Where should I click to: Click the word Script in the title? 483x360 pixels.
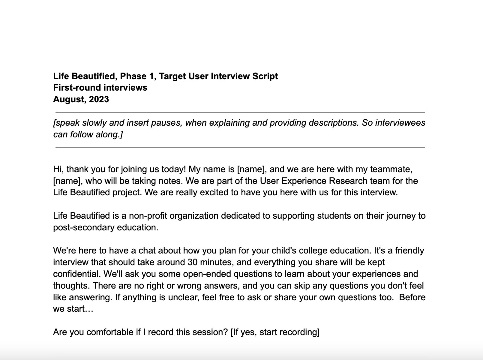click(x=265, y=76)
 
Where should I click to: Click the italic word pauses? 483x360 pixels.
click(x=166, y=123)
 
